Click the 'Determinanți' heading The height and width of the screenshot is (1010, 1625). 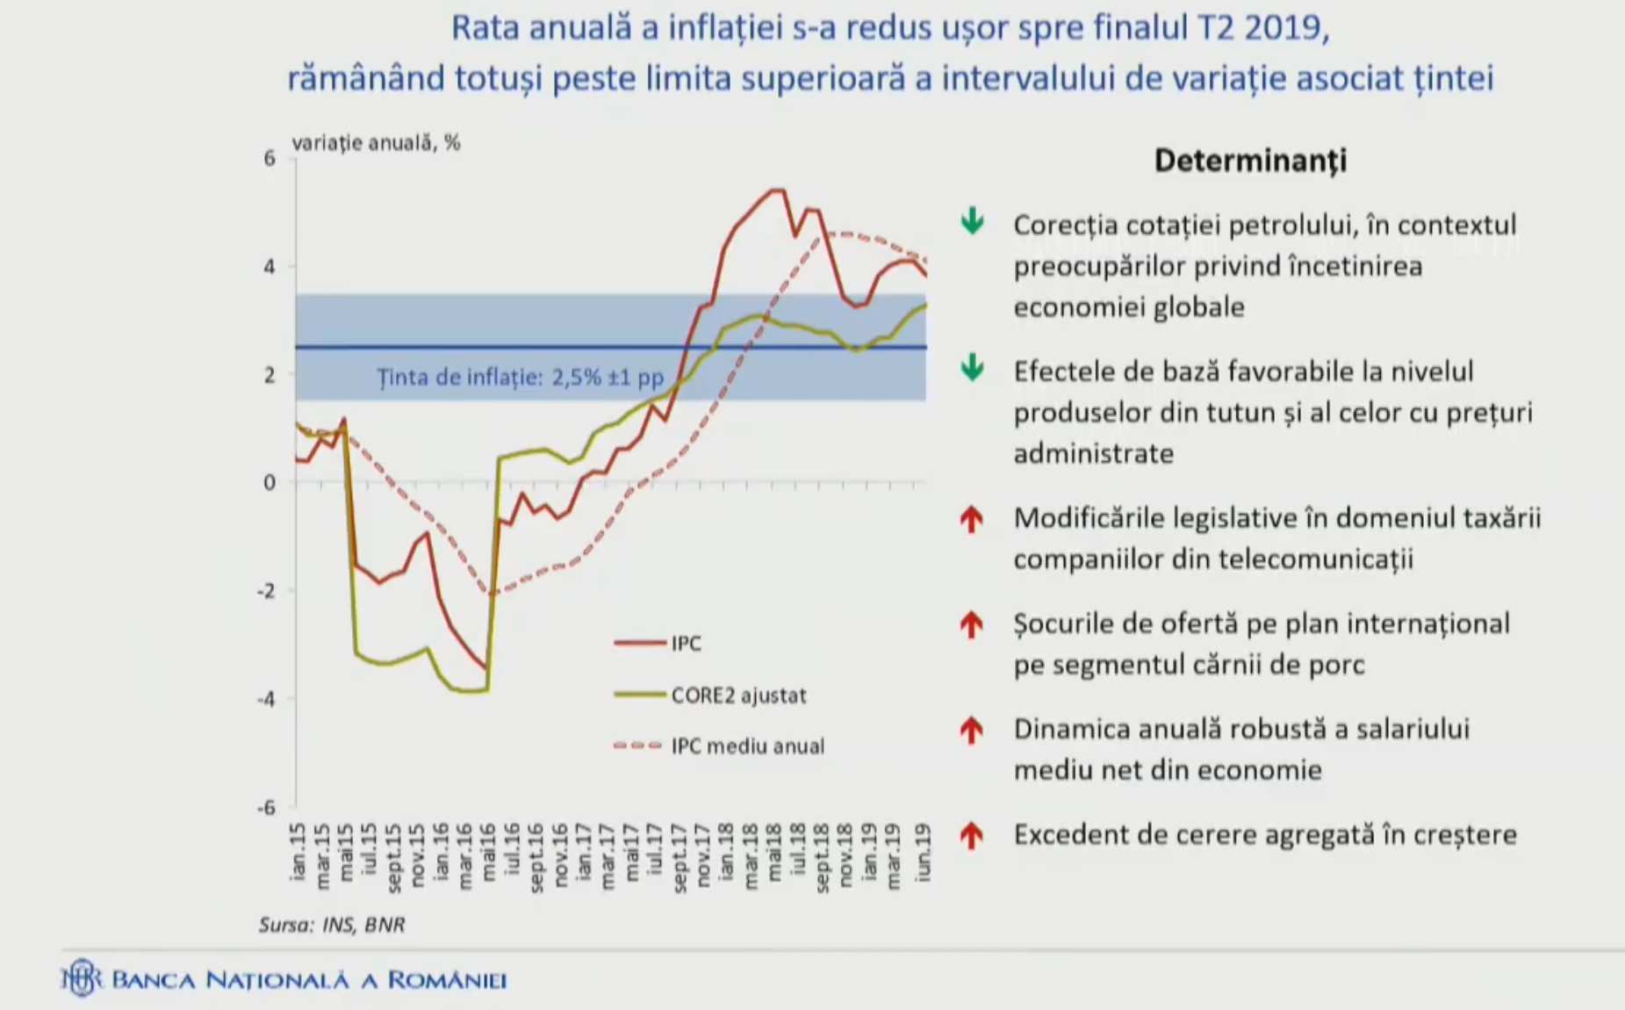pyautogui.click(x=1249, y=161)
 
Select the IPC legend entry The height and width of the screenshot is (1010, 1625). pyautogui.click(x=686, y=644)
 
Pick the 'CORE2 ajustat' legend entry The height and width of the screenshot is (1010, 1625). pyautogui.click(x=737, y=696)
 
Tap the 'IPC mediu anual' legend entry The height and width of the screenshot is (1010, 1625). pyautogui.click(x=747, y=747)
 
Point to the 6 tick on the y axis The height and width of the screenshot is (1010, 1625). pyautogui.click(x=270, y=159)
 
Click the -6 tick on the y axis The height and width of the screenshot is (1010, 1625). pyautogui.click(x=266, y=807)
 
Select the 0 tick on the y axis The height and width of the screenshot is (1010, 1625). pyautogui.click(x=270, y=482)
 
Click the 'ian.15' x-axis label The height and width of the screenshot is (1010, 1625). pyautogui.click(x=298, y=850)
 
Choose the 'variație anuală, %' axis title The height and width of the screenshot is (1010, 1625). pyautogui.click(x=376, y=142)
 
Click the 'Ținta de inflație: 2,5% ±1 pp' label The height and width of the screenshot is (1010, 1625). pyautogui.click(x=521, y=378)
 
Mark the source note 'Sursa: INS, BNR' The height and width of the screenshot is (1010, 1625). pyautogui.click(x=332, y=924)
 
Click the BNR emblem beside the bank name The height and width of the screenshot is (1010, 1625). pyautogui.click(x=82, y=978)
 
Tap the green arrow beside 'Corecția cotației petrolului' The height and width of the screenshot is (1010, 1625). pyautogui.click(x=972, y=221)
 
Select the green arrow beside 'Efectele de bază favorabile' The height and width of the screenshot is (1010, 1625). pyautogui.click(x=972, y=368)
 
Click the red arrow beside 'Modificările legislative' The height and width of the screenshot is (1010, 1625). pyautogui.click(x=971, y=519)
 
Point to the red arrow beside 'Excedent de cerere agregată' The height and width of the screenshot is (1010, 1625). pyautogui.click(x=971, y=835)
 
